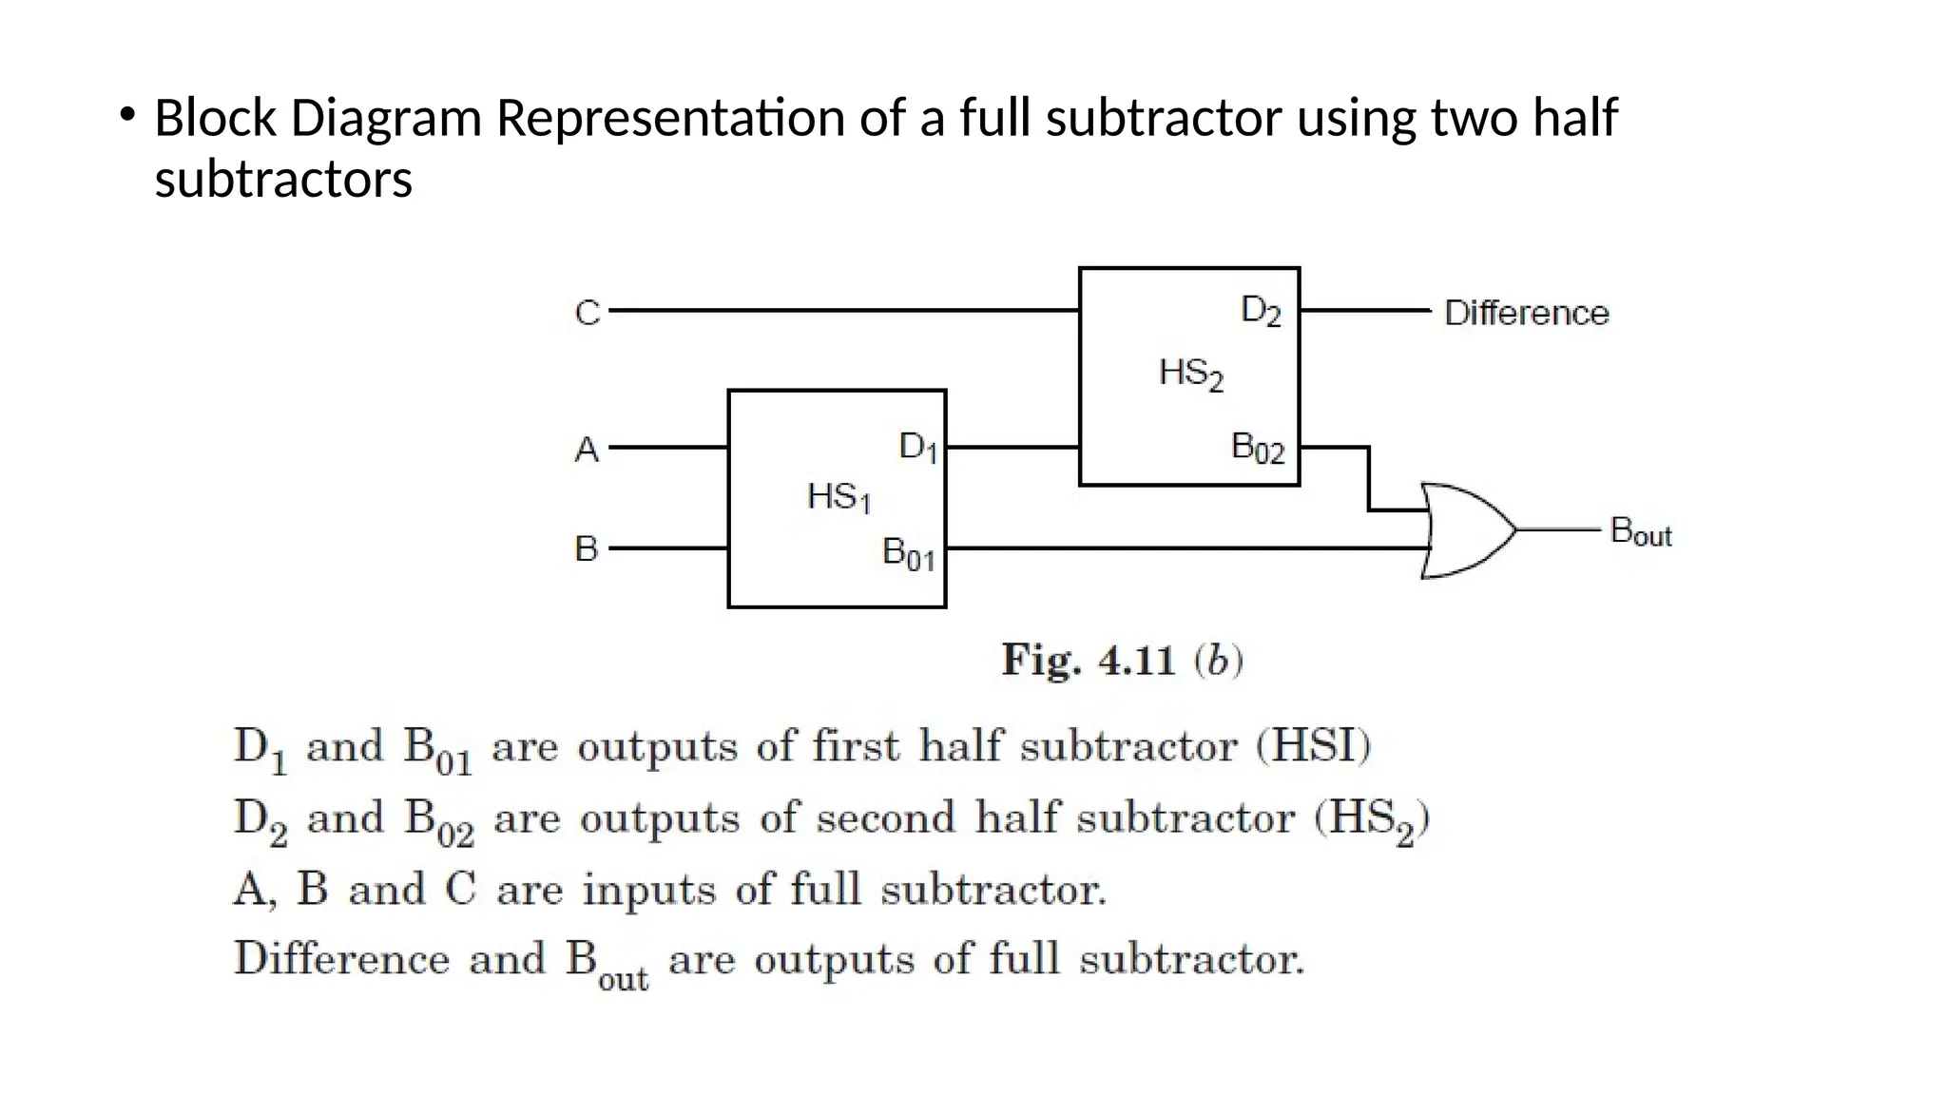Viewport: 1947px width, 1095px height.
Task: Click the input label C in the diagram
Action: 588,313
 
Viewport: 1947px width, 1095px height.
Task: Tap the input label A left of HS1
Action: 588,450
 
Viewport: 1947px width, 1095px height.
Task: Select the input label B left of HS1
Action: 587,549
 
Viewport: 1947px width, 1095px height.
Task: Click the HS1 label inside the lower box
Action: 839,497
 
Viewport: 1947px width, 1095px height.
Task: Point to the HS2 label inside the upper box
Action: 1190,374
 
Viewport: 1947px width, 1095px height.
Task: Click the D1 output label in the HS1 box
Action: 918,447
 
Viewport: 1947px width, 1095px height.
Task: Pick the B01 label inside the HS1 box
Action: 908,553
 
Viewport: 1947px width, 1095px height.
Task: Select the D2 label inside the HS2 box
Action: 1261,311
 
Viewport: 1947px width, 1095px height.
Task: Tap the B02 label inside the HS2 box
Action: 1257,447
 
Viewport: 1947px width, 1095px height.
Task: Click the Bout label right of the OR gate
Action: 1640,531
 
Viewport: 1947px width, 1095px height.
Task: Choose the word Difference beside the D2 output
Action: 1526,313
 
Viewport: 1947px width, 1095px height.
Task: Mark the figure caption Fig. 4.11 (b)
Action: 1122,660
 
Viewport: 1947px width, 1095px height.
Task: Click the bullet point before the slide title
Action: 126,117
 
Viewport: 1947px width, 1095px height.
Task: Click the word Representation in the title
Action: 670,119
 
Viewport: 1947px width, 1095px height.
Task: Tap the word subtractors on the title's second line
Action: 283,180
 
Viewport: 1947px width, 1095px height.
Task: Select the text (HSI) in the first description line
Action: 1313,746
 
